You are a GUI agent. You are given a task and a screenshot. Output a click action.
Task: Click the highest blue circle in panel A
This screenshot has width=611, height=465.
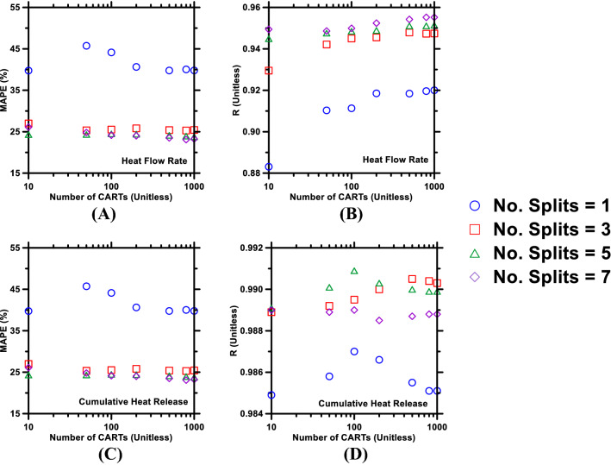point(86,46)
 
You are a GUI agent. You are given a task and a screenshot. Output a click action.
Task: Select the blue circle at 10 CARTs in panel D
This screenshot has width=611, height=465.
point(271,394)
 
